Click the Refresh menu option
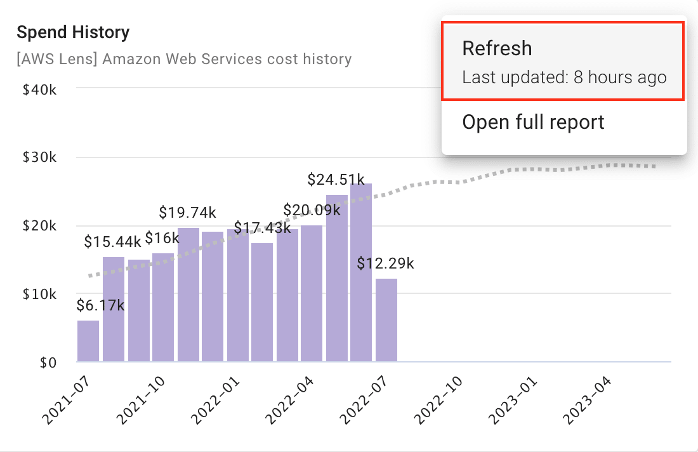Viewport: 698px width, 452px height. click(497, 49)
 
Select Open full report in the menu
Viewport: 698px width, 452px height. click(533, 122)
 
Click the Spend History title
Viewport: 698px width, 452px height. click(73, 32)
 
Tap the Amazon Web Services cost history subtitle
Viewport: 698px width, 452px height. click(184, 60)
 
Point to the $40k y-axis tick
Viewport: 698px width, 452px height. click(39, 90)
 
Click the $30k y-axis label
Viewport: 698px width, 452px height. click(39, 157)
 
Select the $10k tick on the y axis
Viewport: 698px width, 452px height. click(39, 295)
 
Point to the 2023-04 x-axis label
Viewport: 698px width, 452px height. click(588, 400)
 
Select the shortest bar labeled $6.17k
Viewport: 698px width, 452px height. click(88, 342)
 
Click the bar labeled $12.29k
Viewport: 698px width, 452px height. click(386, 321)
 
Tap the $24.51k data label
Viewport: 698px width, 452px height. click(336, 180)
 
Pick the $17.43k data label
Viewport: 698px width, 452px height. click(262, 227)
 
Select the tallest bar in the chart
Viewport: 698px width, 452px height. click(361, 273)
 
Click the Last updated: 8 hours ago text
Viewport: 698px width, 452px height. click(564, 77)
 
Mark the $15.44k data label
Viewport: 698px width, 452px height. click(113, 242)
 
